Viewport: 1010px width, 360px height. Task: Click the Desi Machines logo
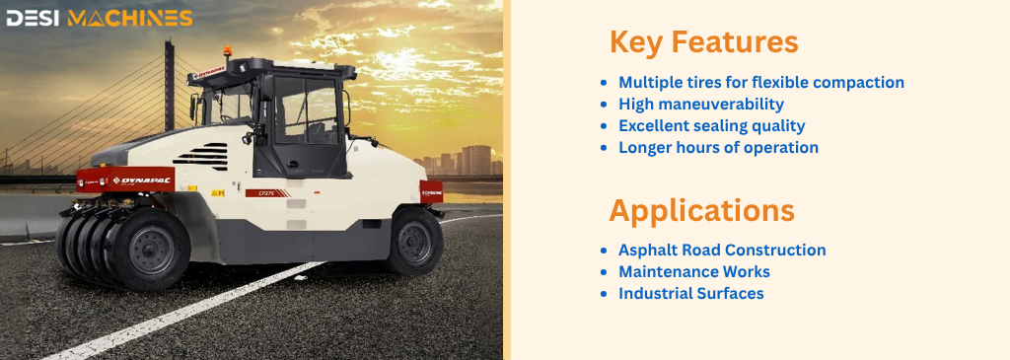tap(100, 18)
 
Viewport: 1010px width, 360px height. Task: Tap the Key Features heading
tap(704, 42)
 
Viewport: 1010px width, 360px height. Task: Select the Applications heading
tap(701, 211)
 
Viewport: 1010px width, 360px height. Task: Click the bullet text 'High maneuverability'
tap(701, 104)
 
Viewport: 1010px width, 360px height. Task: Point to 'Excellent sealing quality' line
tap(712, 125)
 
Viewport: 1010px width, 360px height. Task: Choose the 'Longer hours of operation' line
tap(718, 148)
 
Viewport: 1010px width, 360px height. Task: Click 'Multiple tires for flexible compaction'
tap(761, 83)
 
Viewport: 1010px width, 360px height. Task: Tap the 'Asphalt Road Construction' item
tap(722, 250)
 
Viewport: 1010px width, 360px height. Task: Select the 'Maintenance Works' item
tap(694, 272)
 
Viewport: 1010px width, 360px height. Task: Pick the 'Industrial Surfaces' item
tap(691, 294)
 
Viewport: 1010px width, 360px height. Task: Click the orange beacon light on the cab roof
tap(228, 51)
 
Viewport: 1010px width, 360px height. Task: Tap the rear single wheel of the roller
tap(415, 241)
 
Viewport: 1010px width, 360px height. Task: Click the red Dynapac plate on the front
tap(125, 180)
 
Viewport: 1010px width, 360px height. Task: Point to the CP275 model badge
tap(267, 192)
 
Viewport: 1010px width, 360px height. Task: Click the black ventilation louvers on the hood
tap(202, 157)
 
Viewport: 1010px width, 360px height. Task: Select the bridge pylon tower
tap(169, 86)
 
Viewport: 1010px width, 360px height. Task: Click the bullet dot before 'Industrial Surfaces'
tap(603, 294)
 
